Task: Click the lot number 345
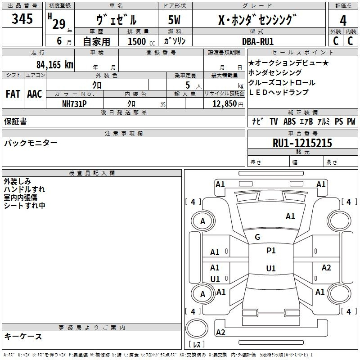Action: coord(22,19)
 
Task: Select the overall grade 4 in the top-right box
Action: coord(343,20)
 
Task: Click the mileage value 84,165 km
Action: coord(55,64)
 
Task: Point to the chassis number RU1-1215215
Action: coord(302,143)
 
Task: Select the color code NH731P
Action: coord(74,103)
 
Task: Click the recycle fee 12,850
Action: coord(224,103)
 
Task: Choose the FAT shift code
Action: coord(13,94)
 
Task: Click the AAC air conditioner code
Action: coord(35,94)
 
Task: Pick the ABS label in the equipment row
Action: coord(289,121)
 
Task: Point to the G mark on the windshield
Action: coord(257,237)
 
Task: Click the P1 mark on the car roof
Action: coord(271,251)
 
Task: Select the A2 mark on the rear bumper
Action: coord(220,333)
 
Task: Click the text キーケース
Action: coord(23,336)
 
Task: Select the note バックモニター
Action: coord(31,143)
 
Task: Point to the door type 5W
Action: coord(174,20)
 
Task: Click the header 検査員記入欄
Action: coord(92,173)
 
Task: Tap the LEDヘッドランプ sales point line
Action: coord(279,93)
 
